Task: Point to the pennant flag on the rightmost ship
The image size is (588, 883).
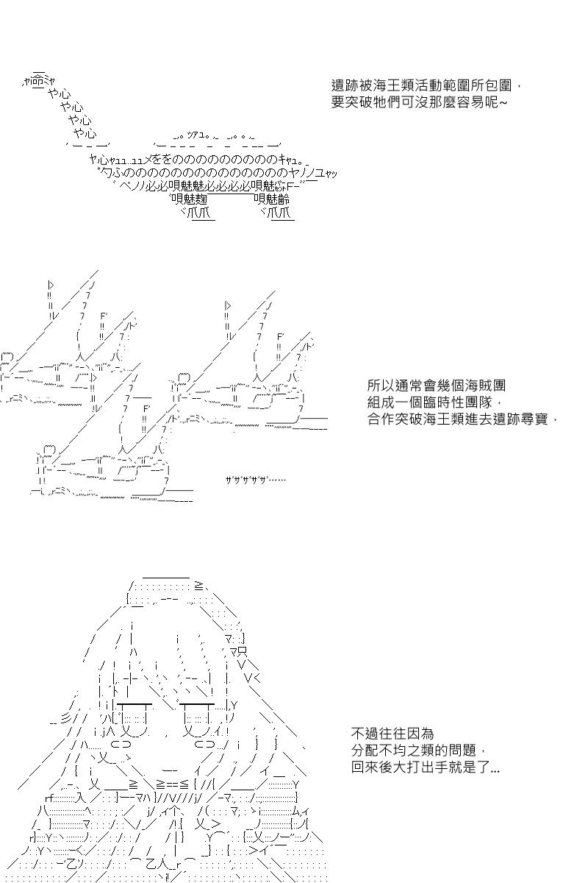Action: (x=229, y=305)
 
